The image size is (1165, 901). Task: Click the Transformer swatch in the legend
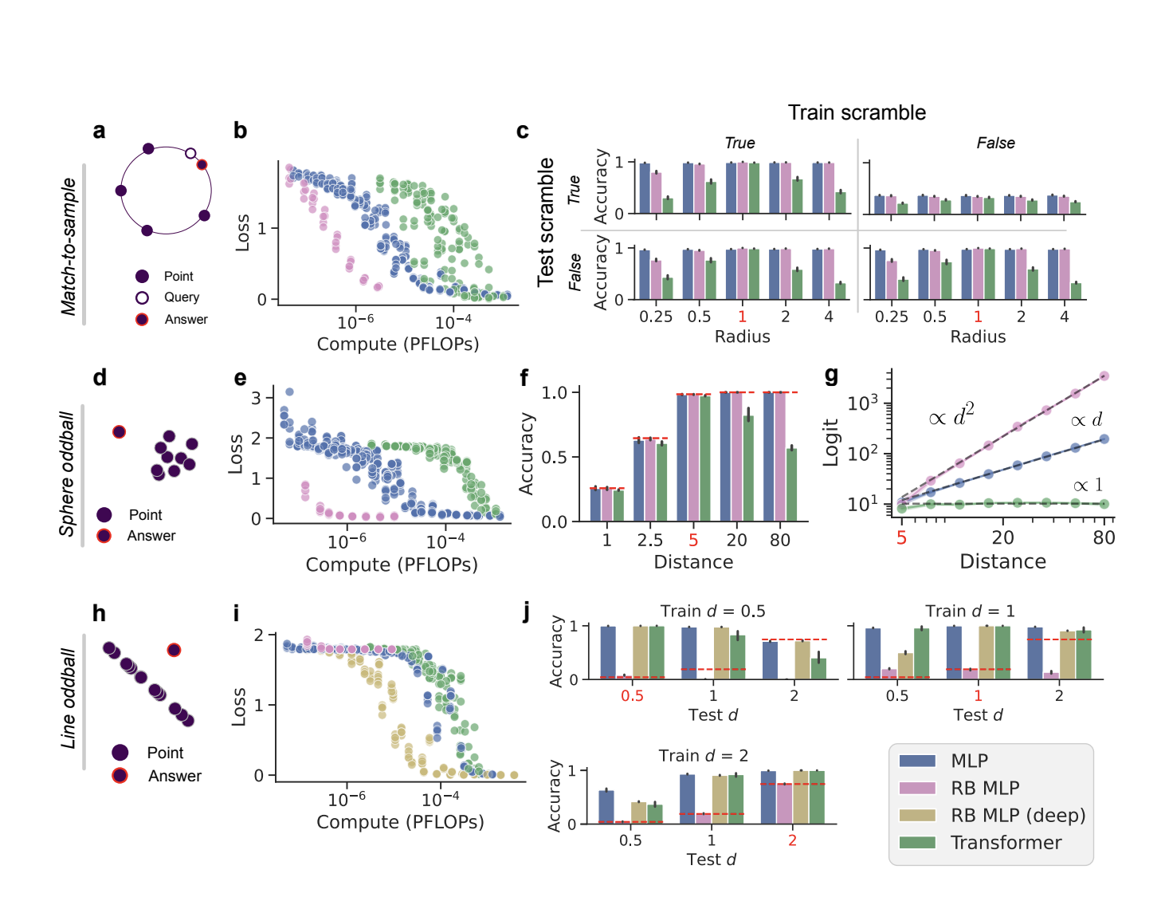(x=916, y=842)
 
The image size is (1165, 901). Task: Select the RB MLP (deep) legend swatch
(x=916, y=815)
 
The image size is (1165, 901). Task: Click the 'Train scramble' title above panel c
(x=857, y=112)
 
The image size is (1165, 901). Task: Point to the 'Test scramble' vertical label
(x=546, y=222)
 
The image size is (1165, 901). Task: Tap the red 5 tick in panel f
(x=693, y=540)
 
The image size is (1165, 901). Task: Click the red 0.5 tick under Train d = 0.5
(x=632, y=695)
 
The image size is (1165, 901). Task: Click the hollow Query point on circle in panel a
(x=190, y=153)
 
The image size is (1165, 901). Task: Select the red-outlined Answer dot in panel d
(x=119, y=431)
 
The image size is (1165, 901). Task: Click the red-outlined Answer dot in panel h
(x=174, y=650)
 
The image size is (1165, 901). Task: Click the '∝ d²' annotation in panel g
(x=951, y=415)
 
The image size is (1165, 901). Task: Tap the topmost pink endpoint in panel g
(x=1104, y=376)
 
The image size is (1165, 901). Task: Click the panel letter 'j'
(x=526, y=612)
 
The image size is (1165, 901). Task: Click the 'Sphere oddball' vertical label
(x=68, y=474)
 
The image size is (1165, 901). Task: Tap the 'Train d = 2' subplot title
(x=703, y=755)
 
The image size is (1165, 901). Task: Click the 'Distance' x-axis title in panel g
(x=1002, y=561)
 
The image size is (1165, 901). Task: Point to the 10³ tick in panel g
(x=862, y=403)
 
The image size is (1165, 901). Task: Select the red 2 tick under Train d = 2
(x=792, y=840)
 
